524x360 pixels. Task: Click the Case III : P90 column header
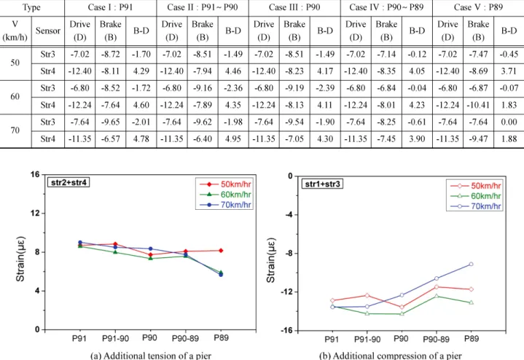tap(294, 7)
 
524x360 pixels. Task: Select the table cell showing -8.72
tap(110, 54)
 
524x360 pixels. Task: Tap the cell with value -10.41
tap(478, 105)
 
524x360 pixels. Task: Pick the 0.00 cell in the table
tap(509, 122)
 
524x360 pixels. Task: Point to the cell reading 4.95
tap(233, 138)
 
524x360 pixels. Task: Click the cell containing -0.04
tap(417, 88)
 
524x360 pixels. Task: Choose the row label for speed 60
tap(15, 97)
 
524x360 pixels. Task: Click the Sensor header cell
tap(48, 31)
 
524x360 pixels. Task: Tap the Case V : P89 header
tap(478, 7)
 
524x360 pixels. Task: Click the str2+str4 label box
tap(69, 182)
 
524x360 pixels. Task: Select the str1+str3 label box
tap(322, 184)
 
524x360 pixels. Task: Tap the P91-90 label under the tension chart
tap(115, 338)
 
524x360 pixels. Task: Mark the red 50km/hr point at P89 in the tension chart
tap(221, 251)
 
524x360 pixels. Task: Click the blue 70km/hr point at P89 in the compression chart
tap(472, 264)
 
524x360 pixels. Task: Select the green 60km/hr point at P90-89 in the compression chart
tap(437, 296)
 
